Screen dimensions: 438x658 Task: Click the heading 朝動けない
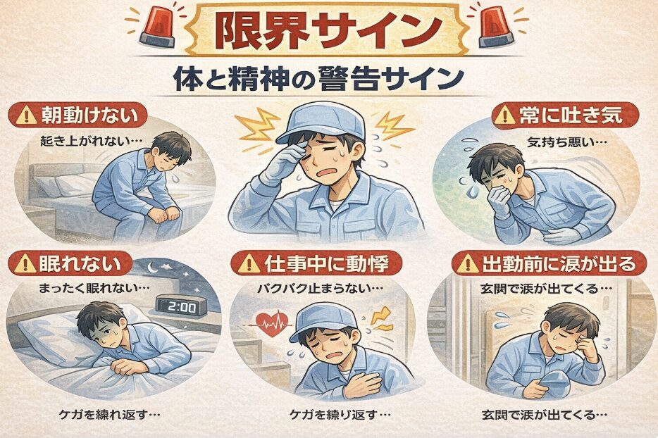80,115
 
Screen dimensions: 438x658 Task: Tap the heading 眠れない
69,265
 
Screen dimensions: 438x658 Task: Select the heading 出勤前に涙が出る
552,265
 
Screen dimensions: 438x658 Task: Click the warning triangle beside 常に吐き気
504,116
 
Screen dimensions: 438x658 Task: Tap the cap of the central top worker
321,120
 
